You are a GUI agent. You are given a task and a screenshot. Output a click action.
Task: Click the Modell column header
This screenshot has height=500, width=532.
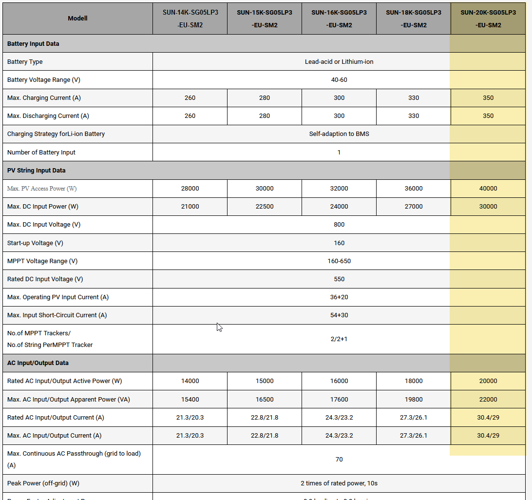pos(78,19)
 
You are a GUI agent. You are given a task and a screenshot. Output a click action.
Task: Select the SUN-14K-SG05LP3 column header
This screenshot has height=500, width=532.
pos(190,19)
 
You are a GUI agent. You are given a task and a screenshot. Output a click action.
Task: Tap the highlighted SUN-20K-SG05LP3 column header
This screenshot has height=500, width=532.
pos(488,19)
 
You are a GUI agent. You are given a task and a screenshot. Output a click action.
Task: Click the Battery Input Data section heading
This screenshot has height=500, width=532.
pos(33,44)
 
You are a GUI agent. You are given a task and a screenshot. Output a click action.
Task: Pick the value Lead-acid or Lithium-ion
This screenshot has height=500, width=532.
pos(339,62)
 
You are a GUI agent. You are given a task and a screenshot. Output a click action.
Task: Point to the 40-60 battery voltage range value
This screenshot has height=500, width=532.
pos(339,80)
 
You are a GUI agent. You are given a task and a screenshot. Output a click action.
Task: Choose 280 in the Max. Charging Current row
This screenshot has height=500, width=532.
pos(265,98)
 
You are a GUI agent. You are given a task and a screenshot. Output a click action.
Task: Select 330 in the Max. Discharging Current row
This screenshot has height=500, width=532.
pos(414,116)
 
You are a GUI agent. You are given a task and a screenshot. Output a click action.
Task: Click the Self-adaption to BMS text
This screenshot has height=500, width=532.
pos(339,134)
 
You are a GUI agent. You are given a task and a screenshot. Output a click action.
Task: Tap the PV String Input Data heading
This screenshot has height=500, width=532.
pos(36,171)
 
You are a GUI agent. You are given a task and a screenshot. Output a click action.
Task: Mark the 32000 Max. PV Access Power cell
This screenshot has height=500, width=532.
pos(339,189)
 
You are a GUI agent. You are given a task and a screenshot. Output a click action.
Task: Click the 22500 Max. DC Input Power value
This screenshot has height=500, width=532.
pos(265,207)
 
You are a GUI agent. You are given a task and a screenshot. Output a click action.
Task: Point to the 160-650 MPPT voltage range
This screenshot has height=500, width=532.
pos(339,261)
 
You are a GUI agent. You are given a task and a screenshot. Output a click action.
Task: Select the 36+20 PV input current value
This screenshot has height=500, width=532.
pos(339,297)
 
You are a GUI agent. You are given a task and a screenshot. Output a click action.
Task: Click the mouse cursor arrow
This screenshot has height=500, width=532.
pos(219,327)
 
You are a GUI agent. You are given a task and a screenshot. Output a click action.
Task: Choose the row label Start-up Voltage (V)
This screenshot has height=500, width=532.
pos(35,243)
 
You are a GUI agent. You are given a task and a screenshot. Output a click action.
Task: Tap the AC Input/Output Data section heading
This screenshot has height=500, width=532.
pos(38,363)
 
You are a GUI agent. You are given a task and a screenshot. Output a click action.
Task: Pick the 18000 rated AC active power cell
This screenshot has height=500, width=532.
pos(414,381)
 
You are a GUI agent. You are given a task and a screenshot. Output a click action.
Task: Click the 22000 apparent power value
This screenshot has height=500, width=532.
pos(488,400)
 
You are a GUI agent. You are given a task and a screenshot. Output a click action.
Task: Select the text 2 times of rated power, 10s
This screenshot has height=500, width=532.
pos(339,483)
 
